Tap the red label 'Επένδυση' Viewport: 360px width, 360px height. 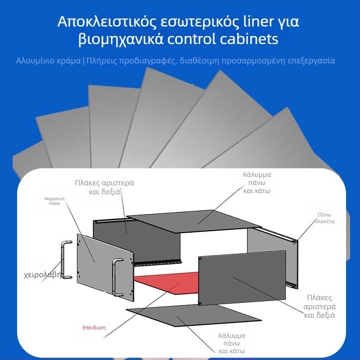[94, 328]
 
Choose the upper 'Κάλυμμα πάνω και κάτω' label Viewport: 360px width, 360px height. [257, 182]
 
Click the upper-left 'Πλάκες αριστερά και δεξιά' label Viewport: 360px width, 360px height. [104, 187]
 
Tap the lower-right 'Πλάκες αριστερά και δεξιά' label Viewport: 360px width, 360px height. [319, 306]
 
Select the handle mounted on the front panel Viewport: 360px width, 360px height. [117, 277]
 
